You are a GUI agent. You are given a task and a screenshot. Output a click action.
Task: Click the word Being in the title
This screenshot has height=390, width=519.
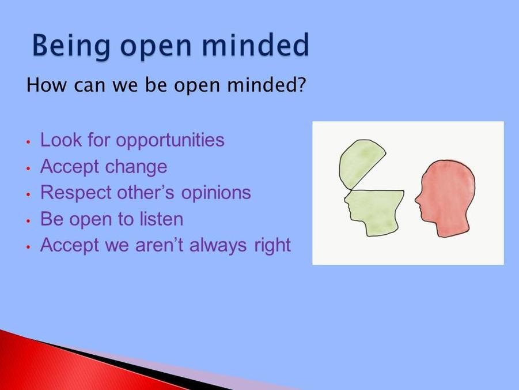click(71, 46)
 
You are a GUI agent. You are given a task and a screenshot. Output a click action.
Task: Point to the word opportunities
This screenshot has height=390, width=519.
click(170, 141)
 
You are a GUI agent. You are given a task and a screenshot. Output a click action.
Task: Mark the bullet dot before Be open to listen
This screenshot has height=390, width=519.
click(29, 220)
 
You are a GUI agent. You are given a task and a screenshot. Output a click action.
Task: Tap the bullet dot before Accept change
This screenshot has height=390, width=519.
click(29, 168)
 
